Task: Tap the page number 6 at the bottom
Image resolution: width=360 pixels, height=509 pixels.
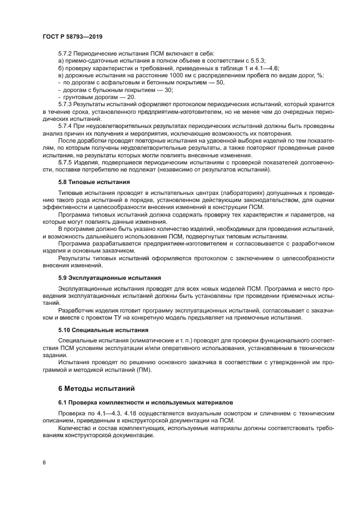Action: [x=44, y=462]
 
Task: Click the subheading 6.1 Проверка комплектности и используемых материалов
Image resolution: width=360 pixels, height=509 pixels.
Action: [x=145, y=402]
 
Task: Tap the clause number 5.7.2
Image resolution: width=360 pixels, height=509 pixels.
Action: [x=64, y=53]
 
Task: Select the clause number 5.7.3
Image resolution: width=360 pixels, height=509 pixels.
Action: [x=64, y=103]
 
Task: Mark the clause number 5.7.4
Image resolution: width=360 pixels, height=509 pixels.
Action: [x=64, y=126]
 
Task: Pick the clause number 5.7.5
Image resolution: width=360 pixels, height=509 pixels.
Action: [x=64, y=162]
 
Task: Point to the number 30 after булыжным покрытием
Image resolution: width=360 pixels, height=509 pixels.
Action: [x=168, y=89]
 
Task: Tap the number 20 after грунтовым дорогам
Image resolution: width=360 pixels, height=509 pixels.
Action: [x=131, y=96]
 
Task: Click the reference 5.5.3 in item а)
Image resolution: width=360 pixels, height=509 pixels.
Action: [x=256, y=60]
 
